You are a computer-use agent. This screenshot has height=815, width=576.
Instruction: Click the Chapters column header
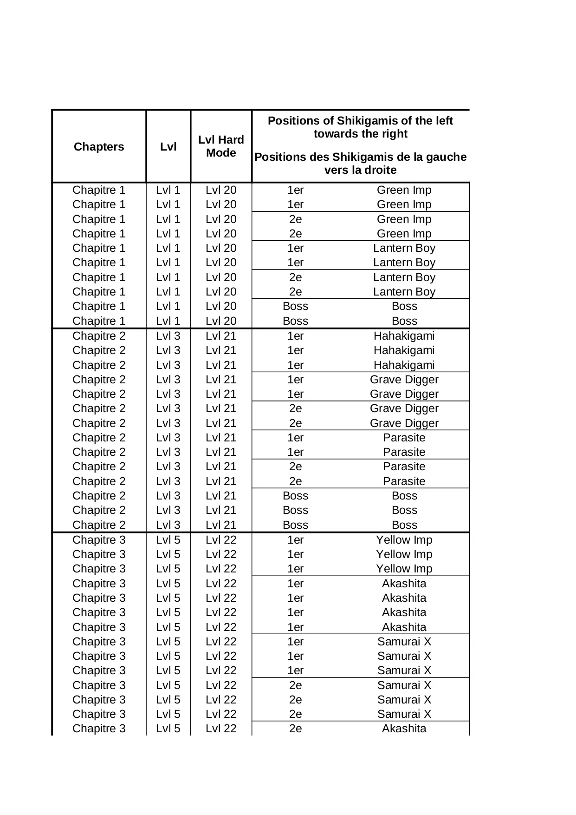pyautogui.click(x=99, y=147)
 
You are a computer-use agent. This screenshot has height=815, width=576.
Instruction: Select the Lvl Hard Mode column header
pyautogui.click(x=221, y=146)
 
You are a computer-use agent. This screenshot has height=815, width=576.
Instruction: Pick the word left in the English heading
pyautogui.click(x=443, y=121)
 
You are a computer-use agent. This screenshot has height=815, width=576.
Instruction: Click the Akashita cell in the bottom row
pyautogui.click(x=404, y=729)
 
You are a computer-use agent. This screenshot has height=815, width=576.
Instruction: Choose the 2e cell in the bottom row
pyautogui.click(x=295, y=729)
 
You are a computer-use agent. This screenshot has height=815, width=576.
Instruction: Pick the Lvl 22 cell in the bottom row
pyautogui.click(x=221, y=729)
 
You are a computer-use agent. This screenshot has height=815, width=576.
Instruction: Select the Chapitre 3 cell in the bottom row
pyautogui.click(x=99, y=729)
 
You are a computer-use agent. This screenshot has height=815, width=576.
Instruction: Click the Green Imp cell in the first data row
pyautogui.click(x=404, y=190)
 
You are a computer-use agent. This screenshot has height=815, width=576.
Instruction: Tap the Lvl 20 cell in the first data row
pyautogui.click(x=221, y=190)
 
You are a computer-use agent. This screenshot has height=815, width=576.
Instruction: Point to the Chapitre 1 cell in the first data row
pyautogui.click(x=99, y=190)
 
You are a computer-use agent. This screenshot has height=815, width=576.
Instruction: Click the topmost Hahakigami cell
pyautogui.click(x=404, y=336)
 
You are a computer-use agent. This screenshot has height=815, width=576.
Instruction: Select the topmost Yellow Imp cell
pyautogui.click(x=404, y=540)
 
